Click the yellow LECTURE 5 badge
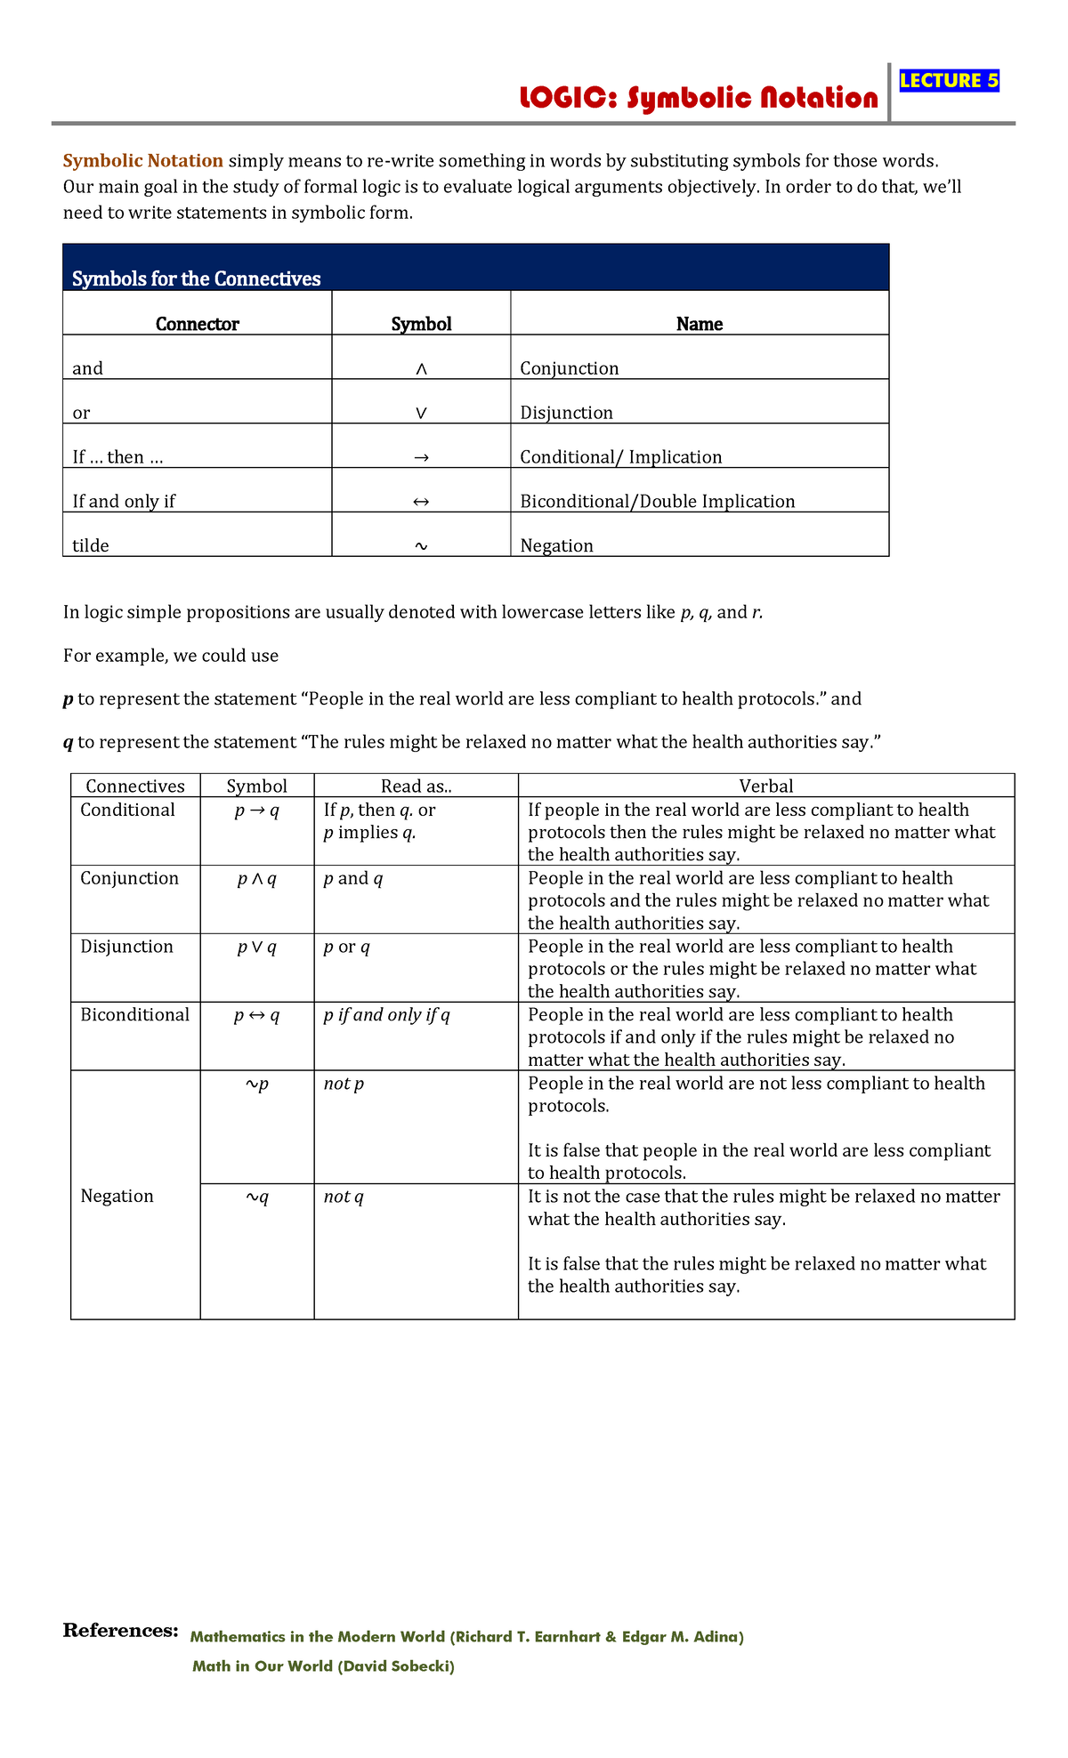click(x=949, y=81)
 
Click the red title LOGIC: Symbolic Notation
click(x=699, y=98)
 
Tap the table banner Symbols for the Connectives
click(x=196, y=278)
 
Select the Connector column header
click(x=197, y=324)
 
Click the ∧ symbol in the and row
click(x=421, y=368)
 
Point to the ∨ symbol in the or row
click(x=421, y=413)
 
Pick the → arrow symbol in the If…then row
click(x=421, y=457)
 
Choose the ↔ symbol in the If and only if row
click(x=421, y=502)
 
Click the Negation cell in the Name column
click(x=556, y=545)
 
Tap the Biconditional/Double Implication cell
click(x=657, y=501)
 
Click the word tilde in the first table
click(x=91, y=545)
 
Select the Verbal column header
click(x=765, y=786)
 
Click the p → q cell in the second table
click(x=256, y=810)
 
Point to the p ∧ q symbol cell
click(x=256, y=879)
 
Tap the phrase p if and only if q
click(x=386, y=1015)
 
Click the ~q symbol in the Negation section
click(x=256, y=1197)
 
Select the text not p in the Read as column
click(x=344, y=1084)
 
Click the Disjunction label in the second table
click(x=126, y=947)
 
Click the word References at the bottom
click(x=120, y=1630)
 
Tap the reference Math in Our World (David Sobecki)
click(x=323, y=1666)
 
